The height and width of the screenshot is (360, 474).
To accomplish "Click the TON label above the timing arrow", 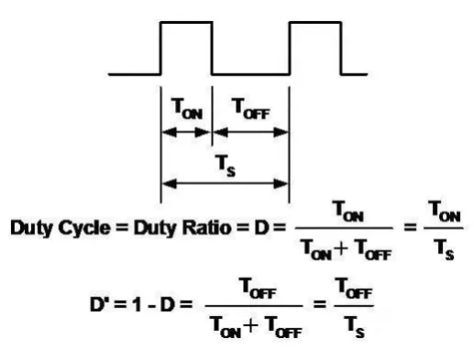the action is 187,108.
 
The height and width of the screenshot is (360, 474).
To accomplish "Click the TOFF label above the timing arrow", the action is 251,108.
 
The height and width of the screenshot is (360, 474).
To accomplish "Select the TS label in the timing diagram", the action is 226,166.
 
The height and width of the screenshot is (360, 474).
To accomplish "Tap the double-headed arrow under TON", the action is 186,132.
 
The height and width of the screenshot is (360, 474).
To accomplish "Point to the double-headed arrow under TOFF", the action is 250,132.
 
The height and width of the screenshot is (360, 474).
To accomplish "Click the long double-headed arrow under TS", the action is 225,183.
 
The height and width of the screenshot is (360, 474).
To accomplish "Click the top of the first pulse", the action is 186,22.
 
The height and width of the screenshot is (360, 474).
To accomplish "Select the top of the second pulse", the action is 315,22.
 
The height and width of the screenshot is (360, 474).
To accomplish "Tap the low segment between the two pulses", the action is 250,74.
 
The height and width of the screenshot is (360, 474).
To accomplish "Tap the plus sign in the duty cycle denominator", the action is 342,248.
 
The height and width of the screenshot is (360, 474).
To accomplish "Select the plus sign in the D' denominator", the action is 251,325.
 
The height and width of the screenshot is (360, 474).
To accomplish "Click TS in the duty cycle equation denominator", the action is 444,249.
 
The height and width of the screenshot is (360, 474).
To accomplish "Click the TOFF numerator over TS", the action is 354,288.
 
